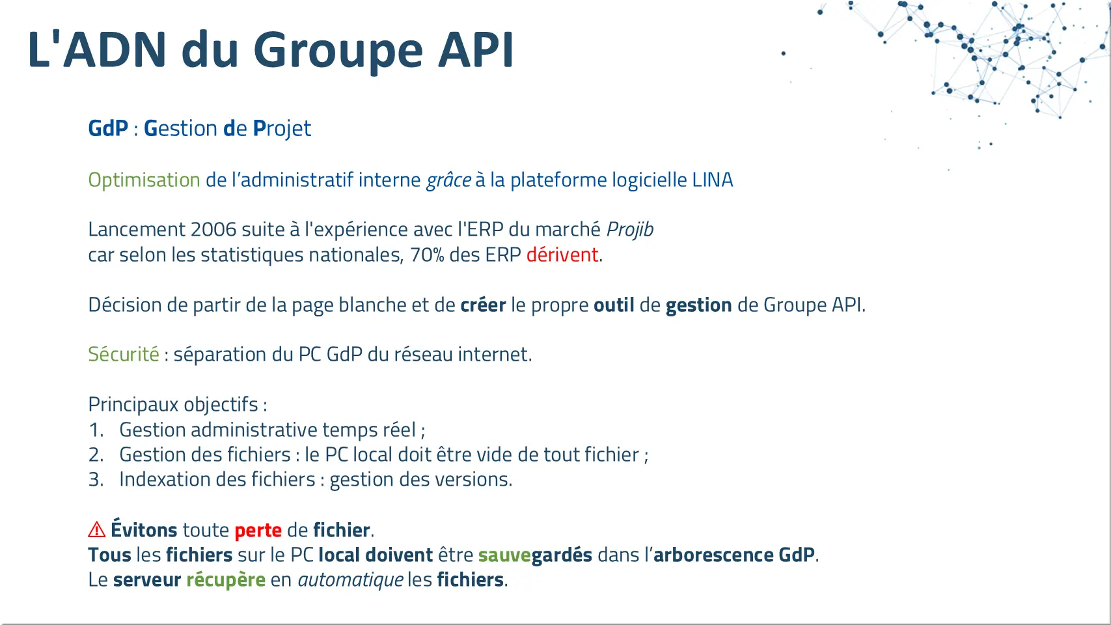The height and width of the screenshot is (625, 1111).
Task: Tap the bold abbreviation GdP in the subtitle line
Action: coord(108,128)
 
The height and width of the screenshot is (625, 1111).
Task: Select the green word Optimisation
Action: coord(144,180)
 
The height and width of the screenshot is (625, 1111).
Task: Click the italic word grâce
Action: coord(448,180)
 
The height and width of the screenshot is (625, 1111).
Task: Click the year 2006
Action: coord(213,230)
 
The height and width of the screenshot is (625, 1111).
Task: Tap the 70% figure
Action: coord(427,255)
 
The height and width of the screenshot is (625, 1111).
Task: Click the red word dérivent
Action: coord(562,255)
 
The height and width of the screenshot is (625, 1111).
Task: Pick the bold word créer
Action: coord(483,305)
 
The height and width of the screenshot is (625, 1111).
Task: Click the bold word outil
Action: coord(614,305)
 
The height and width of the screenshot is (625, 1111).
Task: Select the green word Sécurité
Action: coord(124,354)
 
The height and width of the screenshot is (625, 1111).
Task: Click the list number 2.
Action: coord(96,455)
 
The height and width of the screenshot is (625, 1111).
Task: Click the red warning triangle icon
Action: coord(97,530)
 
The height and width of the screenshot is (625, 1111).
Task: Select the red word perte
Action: coord(258,531)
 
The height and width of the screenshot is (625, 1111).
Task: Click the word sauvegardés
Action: coord(535,555)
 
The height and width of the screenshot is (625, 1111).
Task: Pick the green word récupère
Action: coord(226,580)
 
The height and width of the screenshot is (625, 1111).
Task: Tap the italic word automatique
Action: coord(350,580)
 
